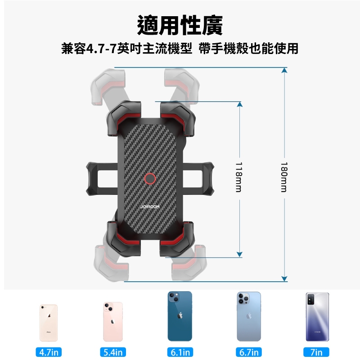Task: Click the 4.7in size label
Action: [49, 352]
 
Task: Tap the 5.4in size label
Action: [113, 352]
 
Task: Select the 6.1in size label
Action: [180, 352]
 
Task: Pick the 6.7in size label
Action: [249, 352]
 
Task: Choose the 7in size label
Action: [316, 352]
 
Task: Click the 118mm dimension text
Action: [239, 177]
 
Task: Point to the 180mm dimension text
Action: [284, 177]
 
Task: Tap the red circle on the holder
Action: [150, 179]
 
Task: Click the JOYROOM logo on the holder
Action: [150, 207]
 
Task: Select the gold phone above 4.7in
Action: [49, 323]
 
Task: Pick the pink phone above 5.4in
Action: [113, 322]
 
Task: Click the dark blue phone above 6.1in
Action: [180, 316]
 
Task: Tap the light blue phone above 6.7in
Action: [249, 316]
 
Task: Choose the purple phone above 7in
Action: [317, 317]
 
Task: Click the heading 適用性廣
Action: [180, 25]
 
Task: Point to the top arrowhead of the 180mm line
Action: [284, 70]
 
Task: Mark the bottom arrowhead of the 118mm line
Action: [239, 254]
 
